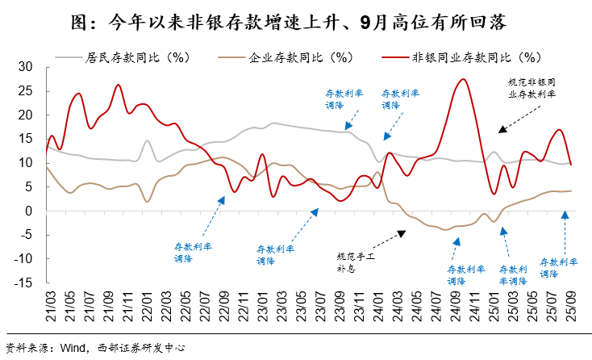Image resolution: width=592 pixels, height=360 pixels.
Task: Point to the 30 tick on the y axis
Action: pyautogui.click(x=25, y=66)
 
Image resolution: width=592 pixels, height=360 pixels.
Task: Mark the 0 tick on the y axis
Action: pyautogui.click(x=28, y=211)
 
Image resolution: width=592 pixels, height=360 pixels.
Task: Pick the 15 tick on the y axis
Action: pyautogui.click(x=25, y=139)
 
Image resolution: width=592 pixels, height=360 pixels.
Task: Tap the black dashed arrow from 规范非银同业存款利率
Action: pyautogui.click(x=516, y=118)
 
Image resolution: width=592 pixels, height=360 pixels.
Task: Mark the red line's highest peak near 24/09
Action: pyautogui.click(x=462, y=79)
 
